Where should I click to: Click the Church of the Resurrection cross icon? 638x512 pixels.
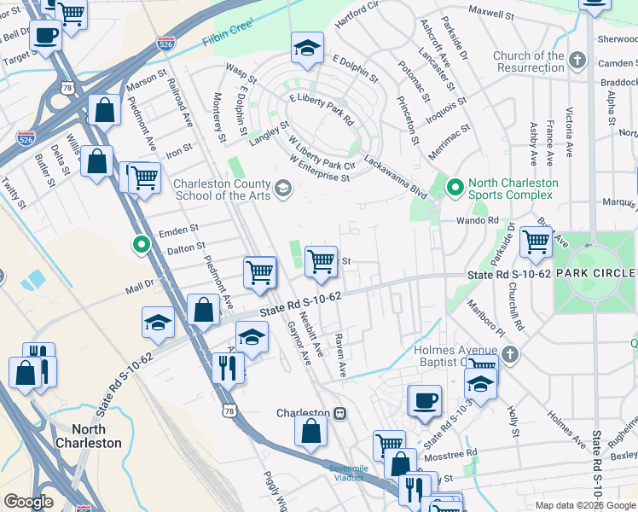[578, 61]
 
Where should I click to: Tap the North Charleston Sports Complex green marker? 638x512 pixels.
[455, 186]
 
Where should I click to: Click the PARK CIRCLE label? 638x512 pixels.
[596, 272]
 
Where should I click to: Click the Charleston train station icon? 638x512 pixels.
[339, 413]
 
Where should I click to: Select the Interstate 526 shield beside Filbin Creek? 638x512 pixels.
[167, 43]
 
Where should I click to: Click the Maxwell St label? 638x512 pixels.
[490, 14]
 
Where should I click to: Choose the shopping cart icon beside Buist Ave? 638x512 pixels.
[536, 241]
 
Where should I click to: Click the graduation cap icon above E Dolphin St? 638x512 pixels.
[307, 49]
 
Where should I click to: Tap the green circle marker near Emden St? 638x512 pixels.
[142, 245]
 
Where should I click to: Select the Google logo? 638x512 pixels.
[28, 502]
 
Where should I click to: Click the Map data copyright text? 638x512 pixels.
[584, 505]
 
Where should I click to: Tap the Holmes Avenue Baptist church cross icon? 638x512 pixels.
[509, 354]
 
